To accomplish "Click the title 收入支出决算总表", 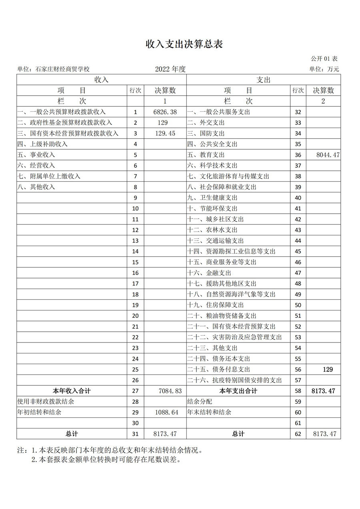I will tap(184, 44).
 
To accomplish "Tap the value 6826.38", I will tap(165, 112).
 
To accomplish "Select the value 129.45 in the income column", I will tap(165, 133).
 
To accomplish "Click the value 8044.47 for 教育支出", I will tap(324, 155).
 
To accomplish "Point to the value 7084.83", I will tap(165, 391).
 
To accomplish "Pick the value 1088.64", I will tap(165, 412).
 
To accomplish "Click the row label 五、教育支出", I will tap(206, 155).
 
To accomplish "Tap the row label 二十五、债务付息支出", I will tap(219, 369).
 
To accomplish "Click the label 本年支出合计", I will tap(238, 391).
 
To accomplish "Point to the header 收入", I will tap(101, 80).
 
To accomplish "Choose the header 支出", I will tap(263, 80).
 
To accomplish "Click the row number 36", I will tap(298, 155).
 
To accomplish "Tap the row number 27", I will tap(136, 391).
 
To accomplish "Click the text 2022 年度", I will tap(170, 69).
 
